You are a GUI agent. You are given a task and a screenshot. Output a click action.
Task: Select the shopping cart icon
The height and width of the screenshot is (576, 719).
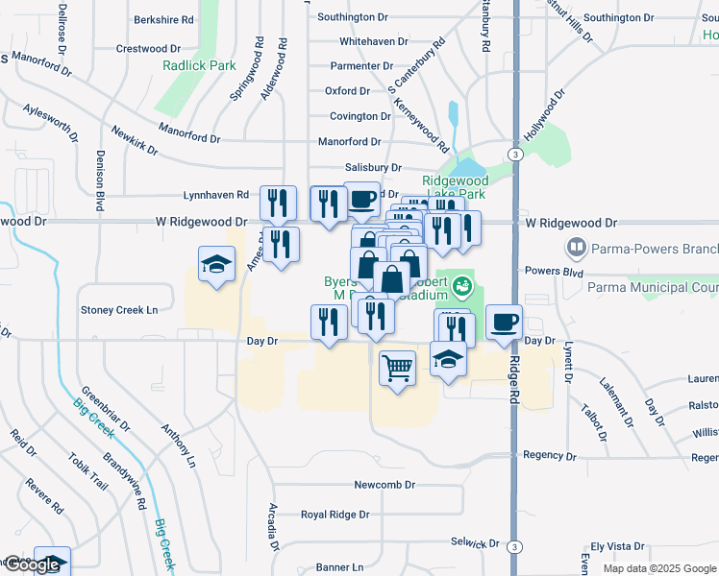point(398,368)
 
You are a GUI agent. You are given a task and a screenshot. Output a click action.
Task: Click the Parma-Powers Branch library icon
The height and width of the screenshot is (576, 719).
point(577,249)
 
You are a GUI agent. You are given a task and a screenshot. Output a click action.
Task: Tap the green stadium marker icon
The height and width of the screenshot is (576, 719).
point(462,286)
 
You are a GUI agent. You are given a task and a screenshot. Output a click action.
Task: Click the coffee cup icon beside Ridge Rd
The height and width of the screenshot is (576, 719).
point(504,322)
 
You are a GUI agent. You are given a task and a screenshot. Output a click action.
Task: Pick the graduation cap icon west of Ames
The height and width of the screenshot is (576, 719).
point(216,264)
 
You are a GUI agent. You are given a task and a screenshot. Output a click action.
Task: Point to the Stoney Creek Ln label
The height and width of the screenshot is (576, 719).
point(118,310)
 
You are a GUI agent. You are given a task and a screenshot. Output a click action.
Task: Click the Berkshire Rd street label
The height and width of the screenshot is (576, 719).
point(163,19)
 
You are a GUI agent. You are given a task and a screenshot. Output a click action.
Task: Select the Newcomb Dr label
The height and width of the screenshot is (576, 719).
point(384,485)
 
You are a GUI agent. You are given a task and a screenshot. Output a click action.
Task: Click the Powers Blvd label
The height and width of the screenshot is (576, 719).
point(549,271)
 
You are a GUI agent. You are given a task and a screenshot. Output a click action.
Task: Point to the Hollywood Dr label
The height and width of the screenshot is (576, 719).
point(544,114)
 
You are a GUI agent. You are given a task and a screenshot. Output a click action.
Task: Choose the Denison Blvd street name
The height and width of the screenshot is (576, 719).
point(99,181)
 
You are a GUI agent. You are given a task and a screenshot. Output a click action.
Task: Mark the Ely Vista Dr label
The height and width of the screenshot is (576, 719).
point(623,545)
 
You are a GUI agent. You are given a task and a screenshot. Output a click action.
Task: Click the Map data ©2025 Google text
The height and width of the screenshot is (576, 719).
point(658,568)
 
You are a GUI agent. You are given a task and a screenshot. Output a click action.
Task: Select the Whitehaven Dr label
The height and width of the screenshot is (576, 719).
point(376,42)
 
